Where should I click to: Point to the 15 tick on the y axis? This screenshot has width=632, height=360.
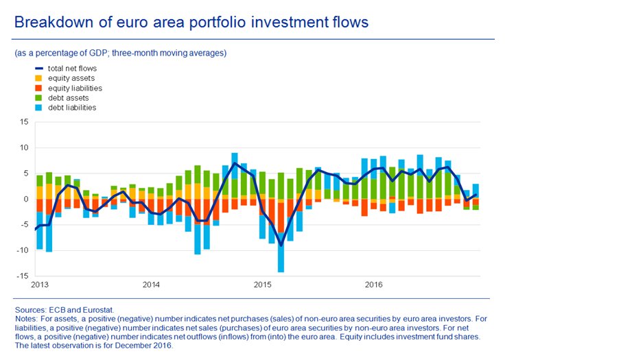click(24, 122)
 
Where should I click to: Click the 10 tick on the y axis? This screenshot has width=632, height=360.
click(24, 147)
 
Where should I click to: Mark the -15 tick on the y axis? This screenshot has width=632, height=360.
click(23, 276)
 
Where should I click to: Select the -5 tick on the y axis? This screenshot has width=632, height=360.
click(25, 225)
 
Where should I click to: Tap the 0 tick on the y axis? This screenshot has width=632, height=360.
click(26, 199)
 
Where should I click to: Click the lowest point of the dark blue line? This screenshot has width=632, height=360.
click(281, 245)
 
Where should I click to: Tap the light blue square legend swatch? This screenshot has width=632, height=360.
click(38, 108)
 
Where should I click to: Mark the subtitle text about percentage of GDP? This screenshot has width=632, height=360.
click(120, 53)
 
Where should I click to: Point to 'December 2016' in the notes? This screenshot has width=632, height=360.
click(148, 345)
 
